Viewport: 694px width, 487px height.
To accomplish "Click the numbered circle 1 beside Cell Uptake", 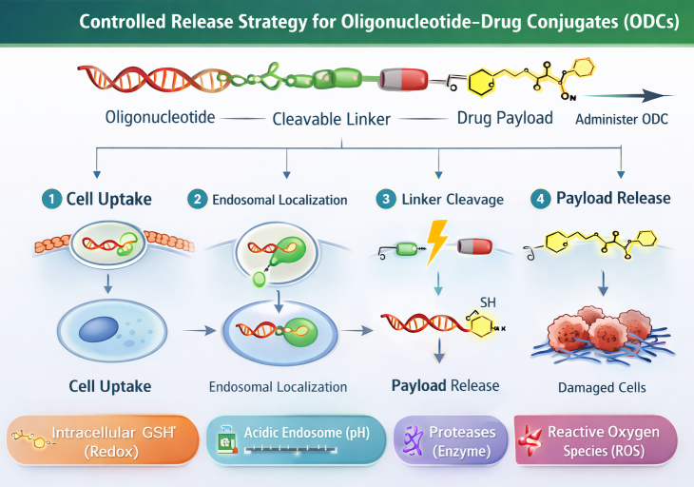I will pos(48,199).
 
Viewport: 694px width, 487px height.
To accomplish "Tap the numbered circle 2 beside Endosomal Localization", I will pos(198,199).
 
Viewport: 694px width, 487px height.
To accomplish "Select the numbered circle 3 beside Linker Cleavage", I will pos(384,199).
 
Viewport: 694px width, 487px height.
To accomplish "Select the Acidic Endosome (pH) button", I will pos(295,440).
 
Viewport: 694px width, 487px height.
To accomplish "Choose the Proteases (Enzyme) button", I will pos(448,440).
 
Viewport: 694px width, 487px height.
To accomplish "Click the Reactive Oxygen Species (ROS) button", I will pos(596,440).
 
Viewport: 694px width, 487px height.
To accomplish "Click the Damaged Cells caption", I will pos(601,387).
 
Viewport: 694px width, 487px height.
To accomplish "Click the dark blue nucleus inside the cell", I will pos(99,329).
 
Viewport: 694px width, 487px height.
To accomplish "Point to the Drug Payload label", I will pos(504,118).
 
